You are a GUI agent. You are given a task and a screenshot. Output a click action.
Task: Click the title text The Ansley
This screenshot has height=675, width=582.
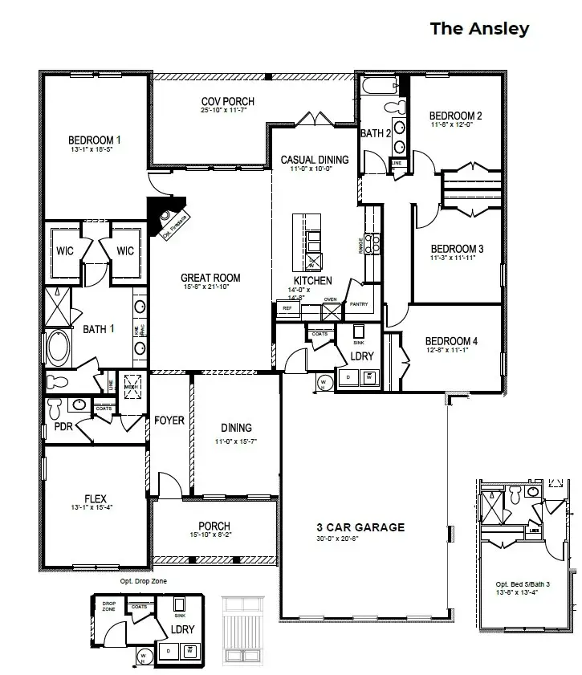tap(479, 29)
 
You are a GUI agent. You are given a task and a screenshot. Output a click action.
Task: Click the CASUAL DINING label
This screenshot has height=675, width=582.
tap(315, 160)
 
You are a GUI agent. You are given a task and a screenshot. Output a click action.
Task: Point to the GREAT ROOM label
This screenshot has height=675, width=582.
tap(210, 279)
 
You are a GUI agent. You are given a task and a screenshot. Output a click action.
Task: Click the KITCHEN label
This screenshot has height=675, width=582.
tap(312, 281)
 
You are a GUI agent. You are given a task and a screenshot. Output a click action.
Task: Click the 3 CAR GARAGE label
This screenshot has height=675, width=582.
tap(360, 527)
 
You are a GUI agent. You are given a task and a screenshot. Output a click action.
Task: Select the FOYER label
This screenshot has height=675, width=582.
tap(169, 421)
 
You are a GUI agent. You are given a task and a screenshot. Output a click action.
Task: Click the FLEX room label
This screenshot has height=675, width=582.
tap(96, 498)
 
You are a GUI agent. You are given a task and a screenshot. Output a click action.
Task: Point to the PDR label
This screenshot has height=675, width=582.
tap(63, 426)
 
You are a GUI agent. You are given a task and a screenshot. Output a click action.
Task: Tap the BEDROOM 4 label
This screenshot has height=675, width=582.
tap(451, 341)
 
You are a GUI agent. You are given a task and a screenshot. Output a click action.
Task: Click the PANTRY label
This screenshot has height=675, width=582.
tap(358, 305)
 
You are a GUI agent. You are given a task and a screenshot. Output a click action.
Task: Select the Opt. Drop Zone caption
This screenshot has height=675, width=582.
tap(144, 580)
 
